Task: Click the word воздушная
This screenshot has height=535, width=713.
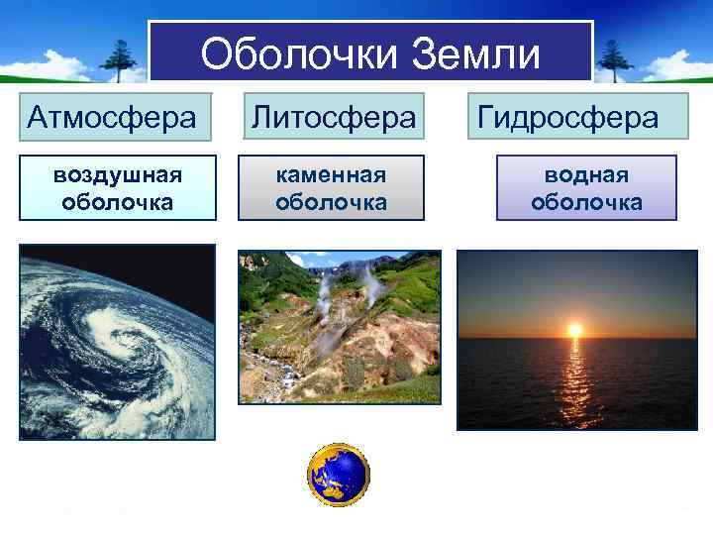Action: click(x=117, y=174)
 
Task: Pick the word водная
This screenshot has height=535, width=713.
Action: click(x=586, y=174)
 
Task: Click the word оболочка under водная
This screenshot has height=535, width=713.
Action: click(x=586, y=202)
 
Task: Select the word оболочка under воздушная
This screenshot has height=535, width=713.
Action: click(x=117, y=202)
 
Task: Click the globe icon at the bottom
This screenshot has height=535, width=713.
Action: click(x=338, y=476)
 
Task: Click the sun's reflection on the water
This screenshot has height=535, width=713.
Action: click(x=573, y=381)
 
